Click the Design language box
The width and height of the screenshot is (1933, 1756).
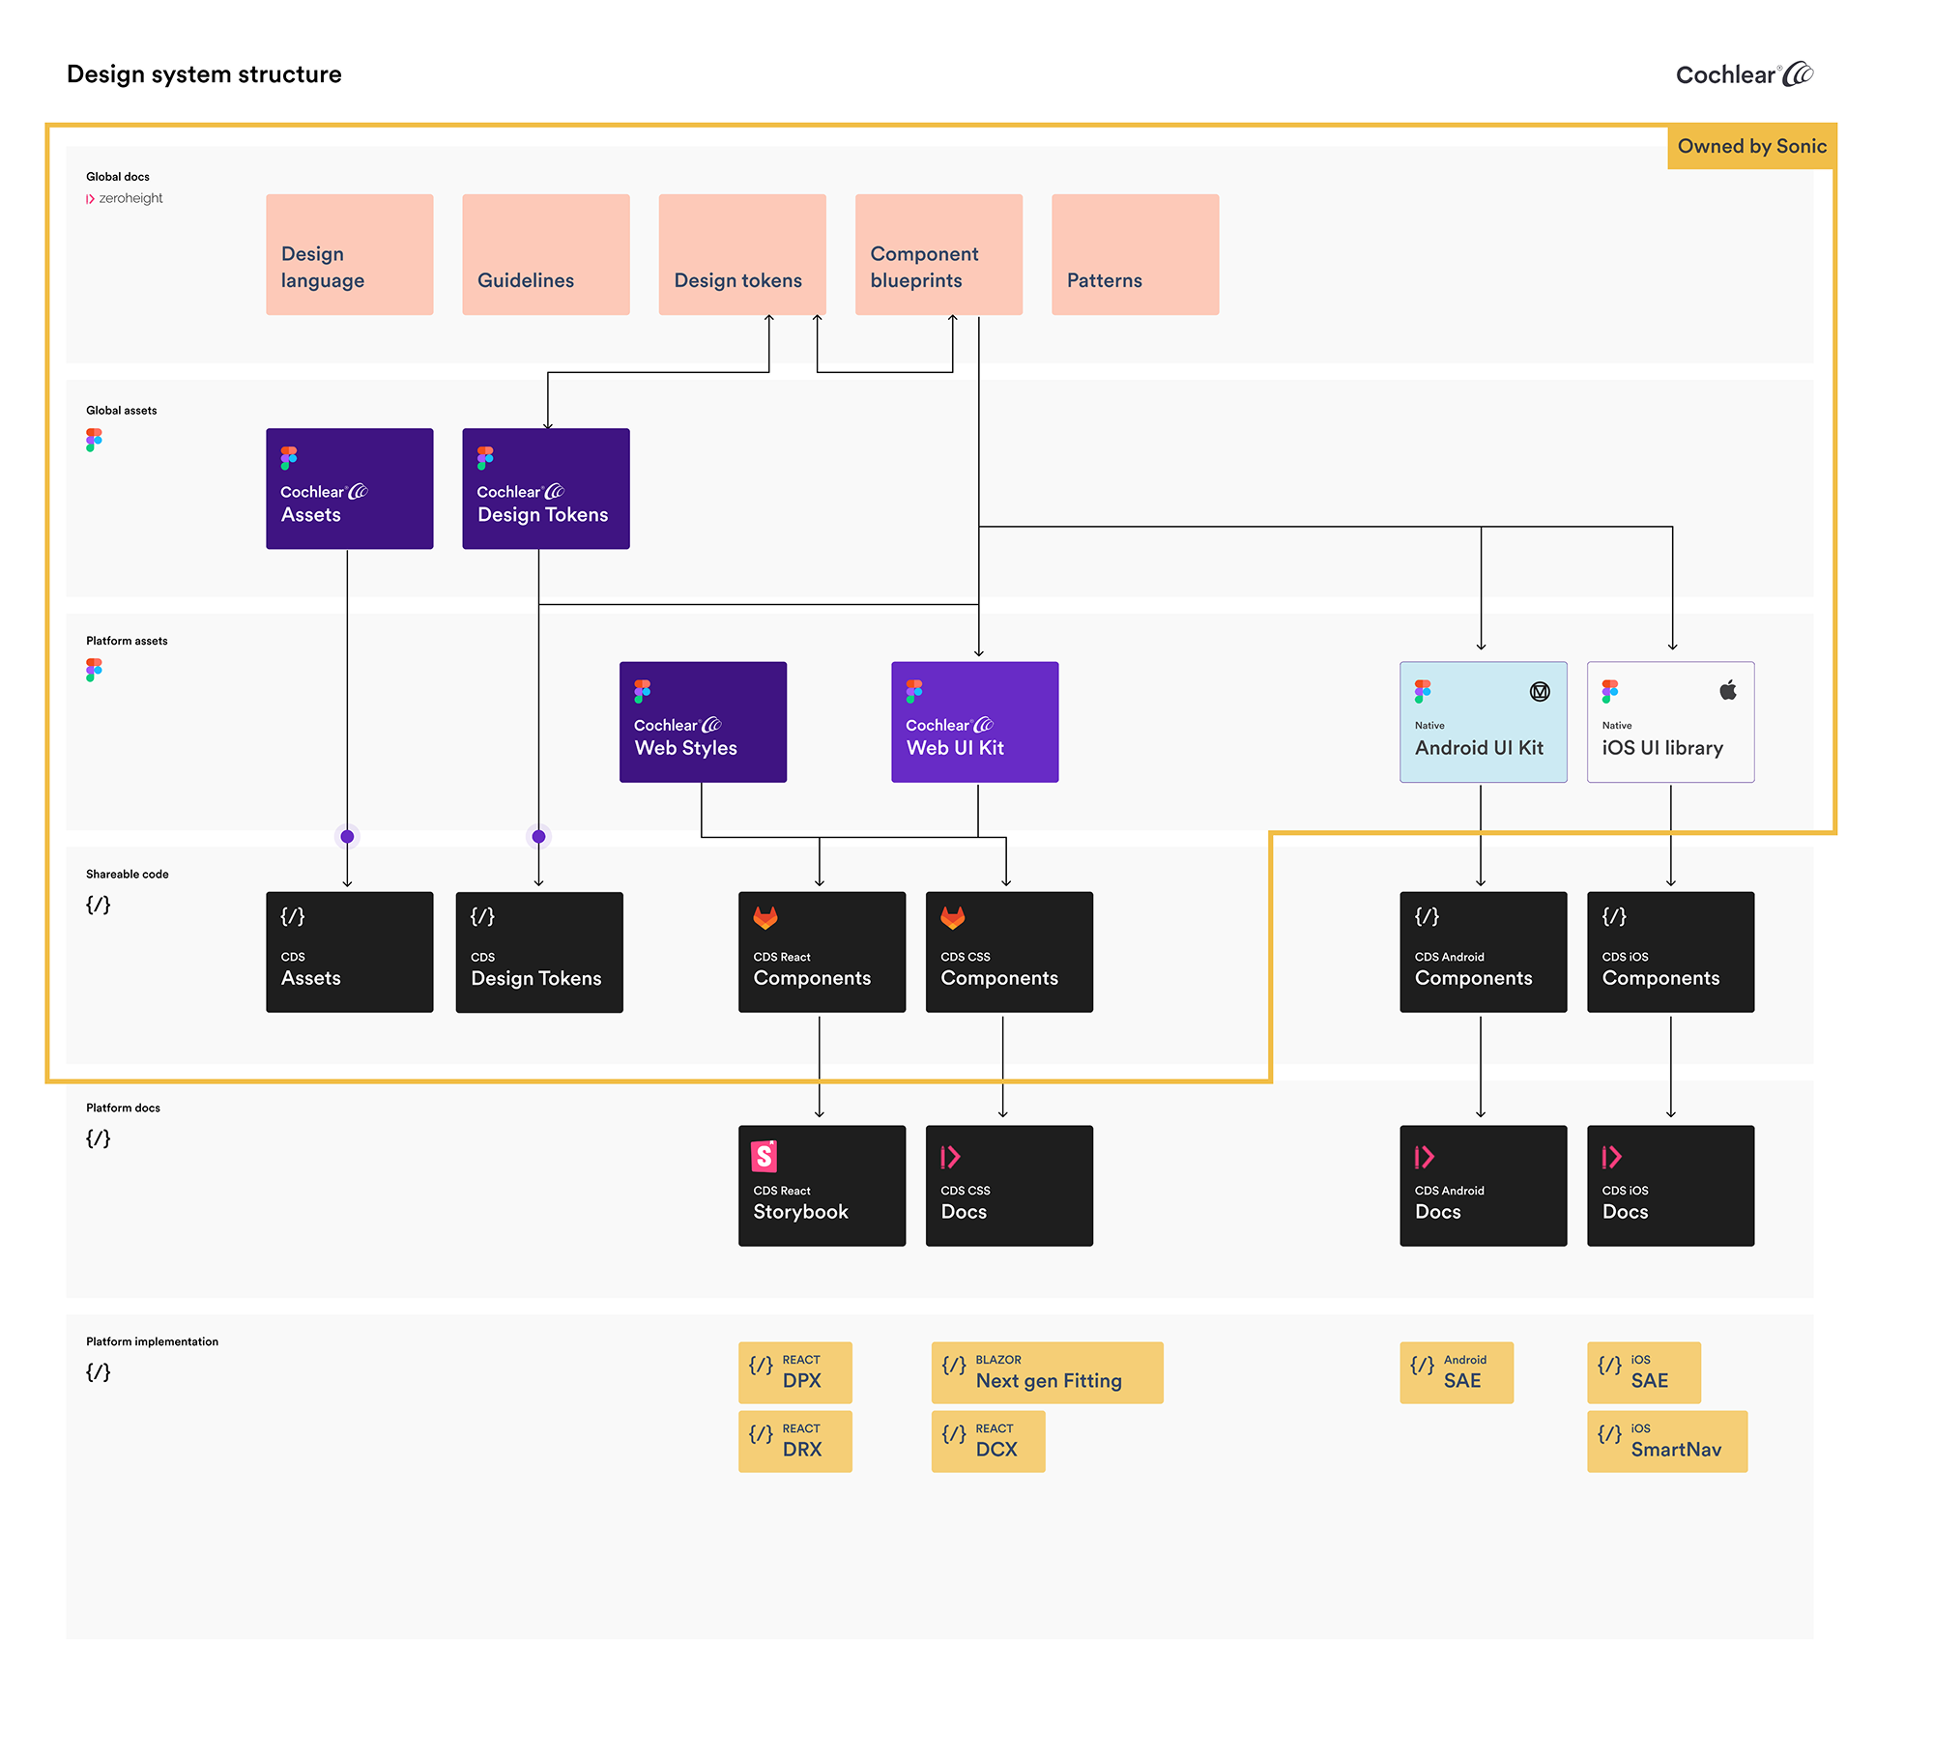pos(349,254)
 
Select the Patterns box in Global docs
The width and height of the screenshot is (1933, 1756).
pos(1135,254)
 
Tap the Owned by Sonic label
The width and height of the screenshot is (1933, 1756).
pos(1751,146)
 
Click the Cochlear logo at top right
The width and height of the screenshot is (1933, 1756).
pos(1744,74)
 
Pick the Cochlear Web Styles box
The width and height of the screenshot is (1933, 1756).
pos(703,722)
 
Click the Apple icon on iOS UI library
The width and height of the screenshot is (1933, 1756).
pos(1728,690)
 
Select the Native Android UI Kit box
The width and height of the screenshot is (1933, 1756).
pos(1483,722)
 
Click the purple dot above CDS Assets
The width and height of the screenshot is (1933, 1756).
pos(347,837)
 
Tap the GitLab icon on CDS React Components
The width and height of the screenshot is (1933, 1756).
pos(765,917)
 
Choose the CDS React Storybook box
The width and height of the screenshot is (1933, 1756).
pos(822,1186)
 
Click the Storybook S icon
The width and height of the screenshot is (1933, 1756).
pos(765,1156)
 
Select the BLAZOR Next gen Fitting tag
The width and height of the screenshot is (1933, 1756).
pos(1047,1372)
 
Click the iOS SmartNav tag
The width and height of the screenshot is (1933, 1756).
pos(1666,1441)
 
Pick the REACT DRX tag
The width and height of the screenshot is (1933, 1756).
pos(794,1441)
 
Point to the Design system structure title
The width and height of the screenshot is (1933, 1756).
pos(204,74)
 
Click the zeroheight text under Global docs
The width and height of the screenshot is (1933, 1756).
pos(130,198)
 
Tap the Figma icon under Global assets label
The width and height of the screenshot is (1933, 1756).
pos(94,440)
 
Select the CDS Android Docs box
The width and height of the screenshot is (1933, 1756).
pos(1483,1186)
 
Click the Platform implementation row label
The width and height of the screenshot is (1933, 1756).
pos(152,1341)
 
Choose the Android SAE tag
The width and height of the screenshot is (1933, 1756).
pos(1456,1372)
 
